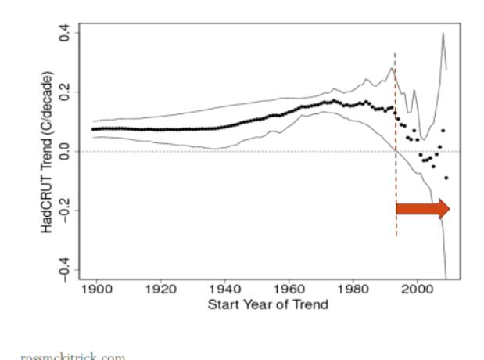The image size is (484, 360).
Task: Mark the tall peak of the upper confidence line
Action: click(x=443, y=34)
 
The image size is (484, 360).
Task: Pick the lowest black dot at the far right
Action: click(x=446, y=178)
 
